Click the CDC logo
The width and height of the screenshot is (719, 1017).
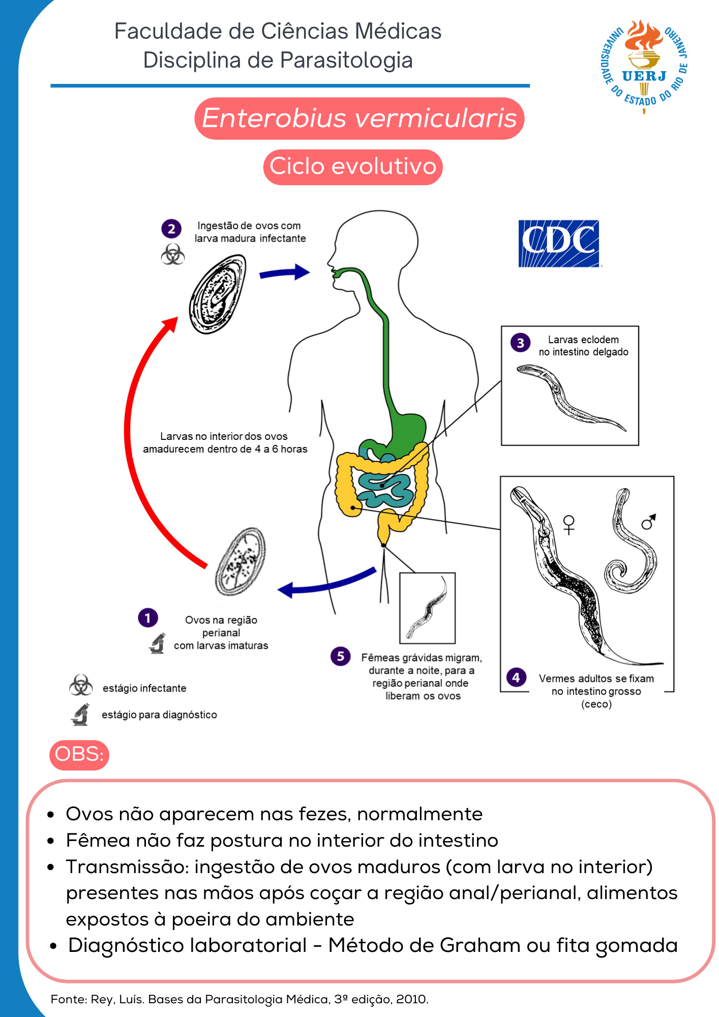[558, 244]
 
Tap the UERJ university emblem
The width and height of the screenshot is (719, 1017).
[644, 66]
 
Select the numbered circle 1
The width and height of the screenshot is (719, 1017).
[148, 618]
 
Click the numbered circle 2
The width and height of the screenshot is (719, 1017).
[171, 229]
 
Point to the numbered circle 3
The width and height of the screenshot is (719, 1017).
[520, 343]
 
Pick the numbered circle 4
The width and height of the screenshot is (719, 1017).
[516, 677]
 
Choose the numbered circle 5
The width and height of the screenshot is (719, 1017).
[341, 656]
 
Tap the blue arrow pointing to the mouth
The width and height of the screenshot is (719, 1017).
[285, 273]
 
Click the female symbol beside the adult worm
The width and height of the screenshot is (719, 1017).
[569, 524]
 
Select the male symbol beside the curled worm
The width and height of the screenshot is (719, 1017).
[649, 521]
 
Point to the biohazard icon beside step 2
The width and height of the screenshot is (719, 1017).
[173, 254]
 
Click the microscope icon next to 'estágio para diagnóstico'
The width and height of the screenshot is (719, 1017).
[80, 714]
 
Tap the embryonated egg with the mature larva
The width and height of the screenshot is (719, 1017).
[218, 294]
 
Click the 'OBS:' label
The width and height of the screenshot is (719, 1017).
[79, 754]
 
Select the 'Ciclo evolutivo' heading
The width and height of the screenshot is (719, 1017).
[353, 167]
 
